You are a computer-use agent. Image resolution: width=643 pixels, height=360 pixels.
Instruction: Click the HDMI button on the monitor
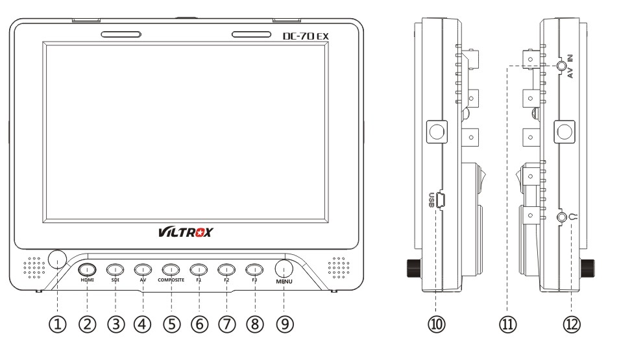tap(87, 269)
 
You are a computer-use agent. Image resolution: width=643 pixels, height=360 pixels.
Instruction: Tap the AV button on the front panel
tap(143, 269)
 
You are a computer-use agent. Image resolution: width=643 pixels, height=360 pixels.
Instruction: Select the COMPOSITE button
tap(171, 269)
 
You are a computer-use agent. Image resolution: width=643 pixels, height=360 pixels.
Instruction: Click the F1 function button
tap(199, 269)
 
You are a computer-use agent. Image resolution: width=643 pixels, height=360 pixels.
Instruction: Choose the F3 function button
tap(254, 269)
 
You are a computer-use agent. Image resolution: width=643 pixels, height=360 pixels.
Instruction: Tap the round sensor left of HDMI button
tap(58, 259)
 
